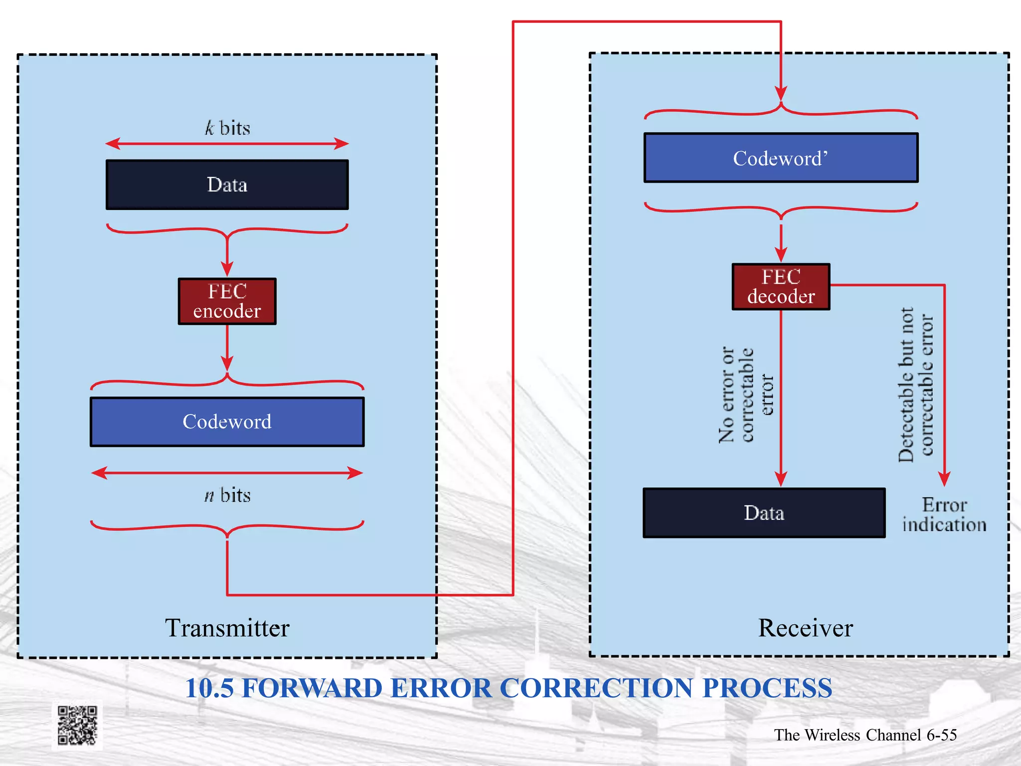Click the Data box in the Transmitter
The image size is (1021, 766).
pos(227,185)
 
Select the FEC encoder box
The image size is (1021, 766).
pos(227,301)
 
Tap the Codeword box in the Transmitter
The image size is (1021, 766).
pos(227,422)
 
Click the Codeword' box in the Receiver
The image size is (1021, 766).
pos(781,158)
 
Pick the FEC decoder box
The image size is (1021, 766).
pos(781,287)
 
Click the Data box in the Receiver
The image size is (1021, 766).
pos(764,513)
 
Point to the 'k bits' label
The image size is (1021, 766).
pos(227,128)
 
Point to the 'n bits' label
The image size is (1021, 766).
pos(227,495)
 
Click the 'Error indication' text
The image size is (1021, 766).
pos(944,515)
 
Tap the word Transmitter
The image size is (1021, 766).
pos(227,628)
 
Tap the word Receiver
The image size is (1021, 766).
pos(805,628)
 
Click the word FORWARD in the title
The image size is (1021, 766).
pos(312,688)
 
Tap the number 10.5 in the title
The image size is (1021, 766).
pos(209,688)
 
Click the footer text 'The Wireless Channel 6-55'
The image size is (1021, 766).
pos(865,735)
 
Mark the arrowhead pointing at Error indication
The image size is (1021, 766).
pos(944,479)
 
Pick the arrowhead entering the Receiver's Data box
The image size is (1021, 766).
pos(781,479)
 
